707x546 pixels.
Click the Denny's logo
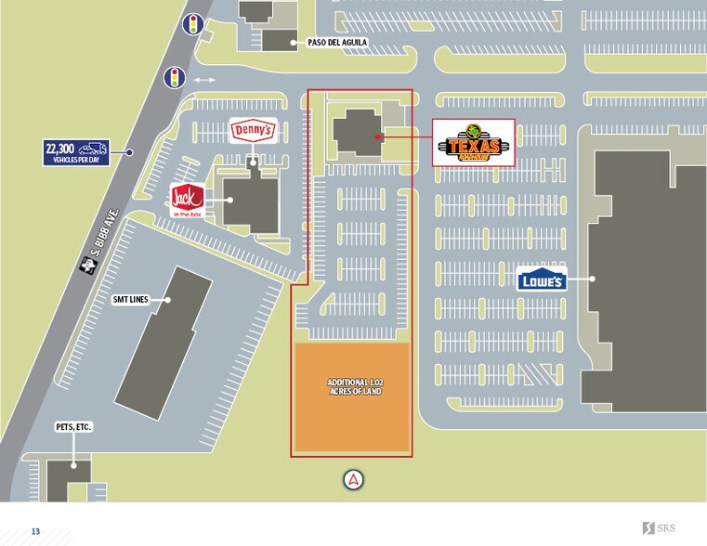coord(253,131)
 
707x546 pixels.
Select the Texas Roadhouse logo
coord(474,143)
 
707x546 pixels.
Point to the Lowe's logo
coord(542,279)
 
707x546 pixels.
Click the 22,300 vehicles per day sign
coord(77,152)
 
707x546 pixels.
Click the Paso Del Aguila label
coord(337,43)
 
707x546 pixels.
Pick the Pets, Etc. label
coord(74,427)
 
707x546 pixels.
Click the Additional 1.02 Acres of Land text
coord(353,387)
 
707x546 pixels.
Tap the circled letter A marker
coord(353,479)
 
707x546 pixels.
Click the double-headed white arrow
coord(203,80)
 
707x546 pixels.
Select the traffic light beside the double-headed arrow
coord(174,78)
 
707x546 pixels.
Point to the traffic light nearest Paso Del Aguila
coord(194,24)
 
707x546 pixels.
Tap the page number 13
coord(35,531)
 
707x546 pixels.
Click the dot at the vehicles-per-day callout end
coord(130,152)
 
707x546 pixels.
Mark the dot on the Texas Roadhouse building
coord(379,136)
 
